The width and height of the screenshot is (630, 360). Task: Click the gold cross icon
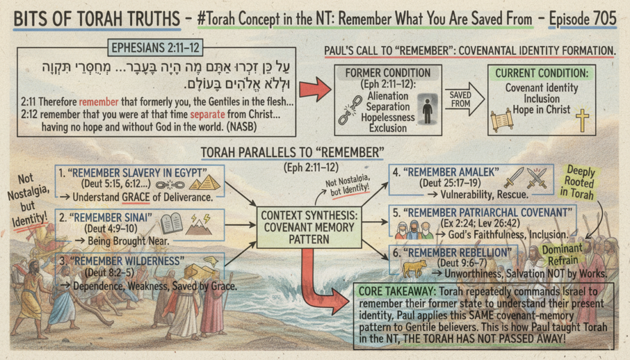(x=582, y=120)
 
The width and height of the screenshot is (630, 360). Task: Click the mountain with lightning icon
(x=199, y=225)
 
